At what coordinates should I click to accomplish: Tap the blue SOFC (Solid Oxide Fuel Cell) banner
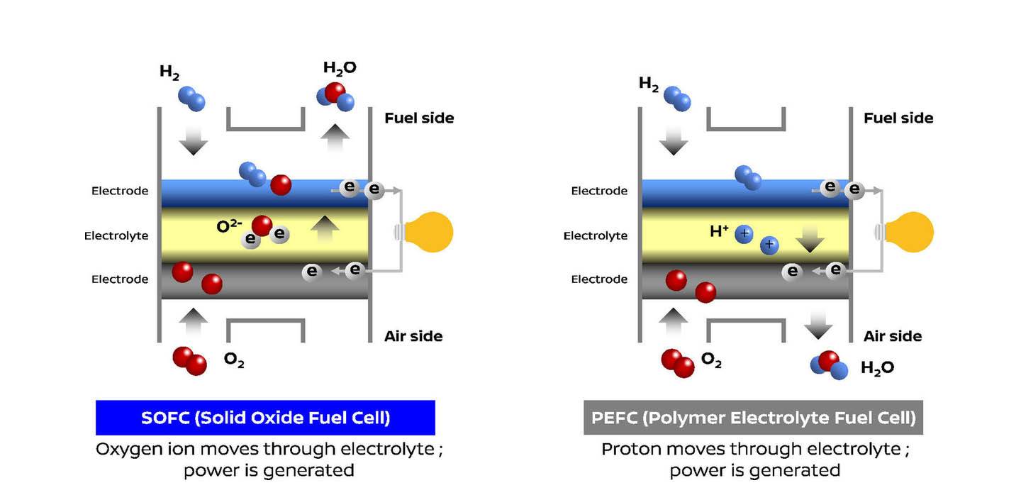(x=265, y=418)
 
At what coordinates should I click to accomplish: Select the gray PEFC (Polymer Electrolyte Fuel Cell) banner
(x=752, y=418)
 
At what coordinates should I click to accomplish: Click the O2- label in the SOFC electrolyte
(x=230, y=227)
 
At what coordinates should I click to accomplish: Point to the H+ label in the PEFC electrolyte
(x=719, y=230)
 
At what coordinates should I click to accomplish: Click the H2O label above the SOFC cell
(x=340, y=68)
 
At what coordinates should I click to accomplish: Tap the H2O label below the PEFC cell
(x=877, y=367)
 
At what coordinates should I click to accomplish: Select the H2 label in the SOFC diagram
(x=169, y=72)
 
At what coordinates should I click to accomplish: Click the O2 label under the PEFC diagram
(x=711, y=360)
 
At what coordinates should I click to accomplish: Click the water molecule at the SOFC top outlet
(x=335, y=96)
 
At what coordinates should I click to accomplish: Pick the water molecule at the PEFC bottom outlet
(x=829, y=365)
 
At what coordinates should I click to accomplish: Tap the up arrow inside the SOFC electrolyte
(x=325, y=230)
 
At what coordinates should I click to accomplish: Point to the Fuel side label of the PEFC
(x=898, y=118)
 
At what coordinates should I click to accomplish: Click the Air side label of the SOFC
(x=413, y=336)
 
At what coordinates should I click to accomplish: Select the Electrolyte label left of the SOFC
(x=116, y=235)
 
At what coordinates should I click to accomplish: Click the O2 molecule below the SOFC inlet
(x=189, y=360)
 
